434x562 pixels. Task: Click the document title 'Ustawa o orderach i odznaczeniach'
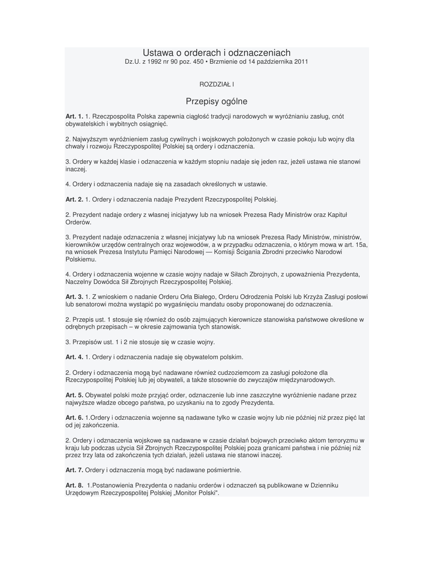pyautogui.click(x=217, y=53)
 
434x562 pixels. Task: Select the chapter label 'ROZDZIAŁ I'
pyautogui.click(x=217, y=84)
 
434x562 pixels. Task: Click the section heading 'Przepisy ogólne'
pyautogui.click(x=217, y=101)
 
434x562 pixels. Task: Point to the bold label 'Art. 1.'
pyautogui.click(x=74, y=116)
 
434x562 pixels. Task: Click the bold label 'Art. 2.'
pyautogui.click(x=74, y=199)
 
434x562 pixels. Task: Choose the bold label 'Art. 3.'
pyautogui.click(x=74, y=296)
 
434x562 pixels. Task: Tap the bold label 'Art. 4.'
pyautogui.click(x=74, y=357)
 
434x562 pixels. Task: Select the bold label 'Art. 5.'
pyautogui.click(x=74, y=395)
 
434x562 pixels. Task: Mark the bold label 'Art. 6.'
pyautogui.click(x=74, y=418)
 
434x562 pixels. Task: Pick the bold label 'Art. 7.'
pyautogui.click(x=74, y=470)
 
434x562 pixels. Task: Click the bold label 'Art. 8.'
pyautogui.click(x=74, y=485)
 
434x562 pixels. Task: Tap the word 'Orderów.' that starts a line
pyautogui.click(x=78, y=222)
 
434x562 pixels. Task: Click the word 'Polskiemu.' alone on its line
pyautogui.click(x=81, y=259)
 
